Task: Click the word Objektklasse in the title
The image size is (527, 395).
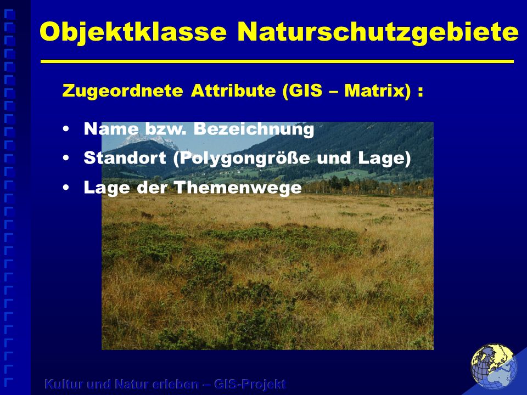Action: (133, 32)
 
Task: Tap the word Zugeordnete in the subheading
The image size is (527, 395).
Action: (122, 91)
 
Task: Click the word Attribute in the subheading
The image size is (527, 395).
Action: (233, 91)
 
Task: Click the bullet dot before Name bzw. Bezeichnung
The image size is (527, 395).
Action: (66, 128)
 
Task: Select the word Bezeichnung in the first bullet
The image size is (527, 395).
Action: (254, 129)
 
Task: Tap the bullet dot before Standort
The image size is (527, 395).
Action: (66, 158)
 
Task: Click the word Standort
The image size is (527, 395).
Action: (125, 158)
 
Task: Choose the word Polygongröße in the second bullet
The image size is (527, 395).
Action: (242, 158)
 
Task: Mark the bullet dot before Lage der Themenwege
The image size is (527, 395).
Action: (66, 188)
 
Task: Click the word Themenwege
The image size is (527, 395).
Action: (238, 188)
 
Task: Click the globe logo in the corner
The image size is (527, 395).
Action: (494, 366)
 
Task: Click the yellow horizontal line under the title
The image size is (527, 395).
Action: (277, 61)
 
